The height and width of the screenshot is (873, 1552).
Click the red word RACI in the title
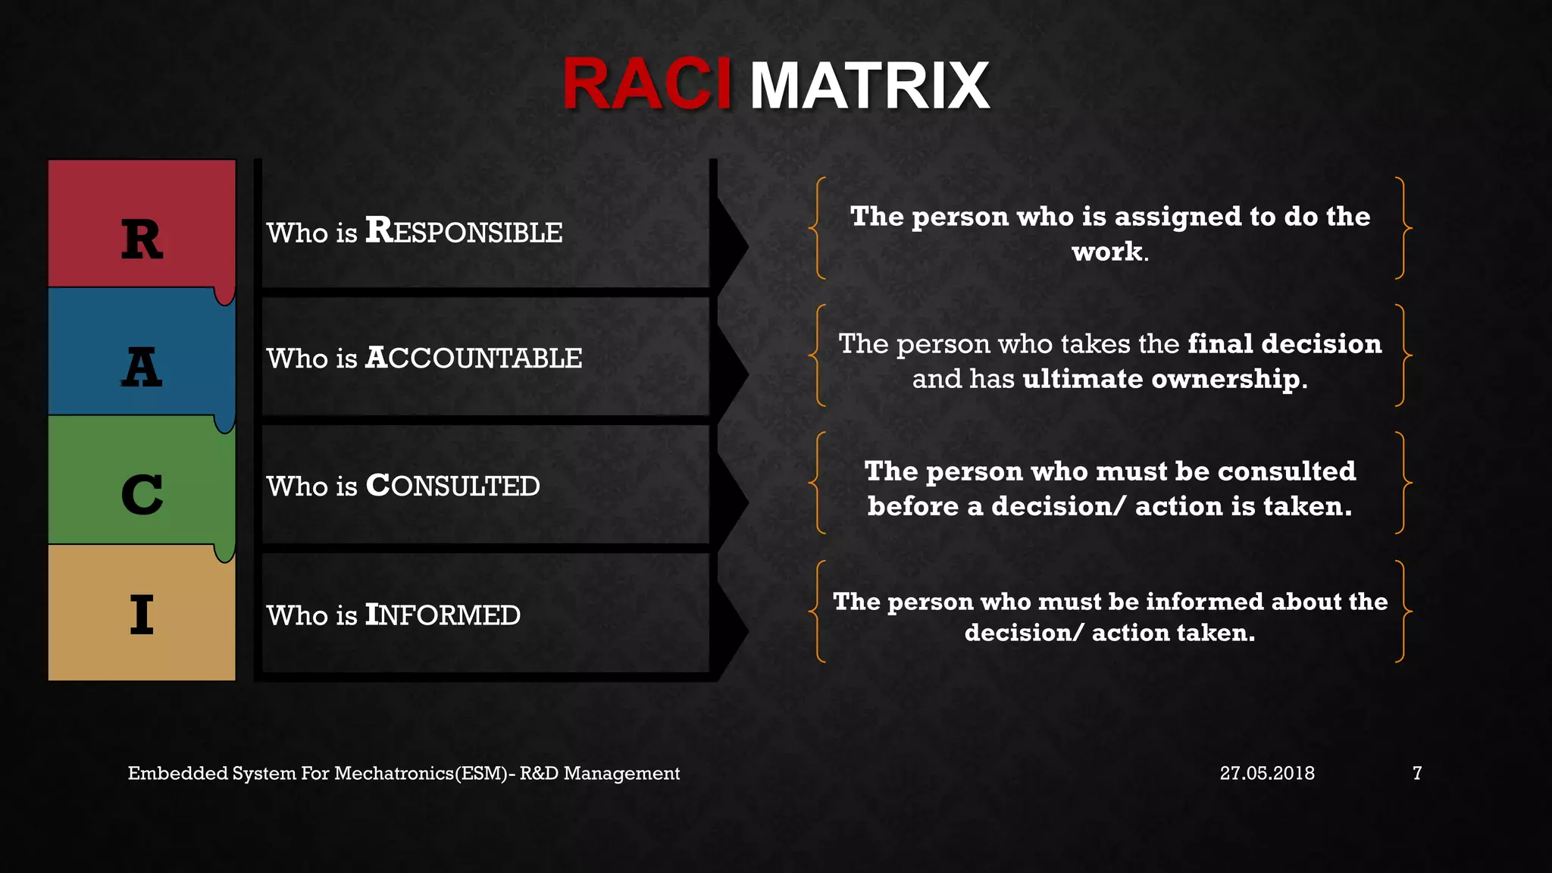pos(646,85)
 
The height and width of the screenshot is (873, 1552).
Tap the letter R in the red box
pos(142,239)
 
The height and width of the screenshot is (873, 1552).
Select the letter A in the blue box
pos(142,368)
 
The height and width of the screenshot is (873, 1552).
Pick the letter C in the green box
pos(142,495)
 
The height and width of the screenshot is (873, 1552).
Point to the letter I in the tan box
pos(142,614)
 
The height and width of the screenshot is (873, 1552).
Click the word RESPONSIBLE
pos(464,231)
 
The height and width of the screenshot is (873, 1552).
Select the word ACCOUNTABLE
pos(474,358)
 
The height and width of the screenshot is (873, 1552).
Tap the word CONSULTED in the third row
pos(452,486)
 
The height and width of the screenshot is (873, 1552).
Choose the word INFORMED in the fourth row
pos(443,615)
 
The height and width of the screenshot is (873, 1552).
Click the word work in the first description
pos(1106,252)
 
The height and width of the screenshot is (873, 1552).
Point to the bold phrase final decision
pos(1284,344)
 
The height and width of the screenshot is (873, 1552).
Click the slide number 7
pos(1416,773)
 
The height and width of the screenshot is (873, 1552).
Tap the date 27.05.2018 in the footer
pos(1267,773)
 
